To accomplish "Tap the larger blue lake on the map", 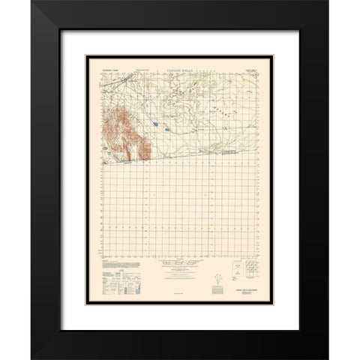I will click(154, 103).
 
